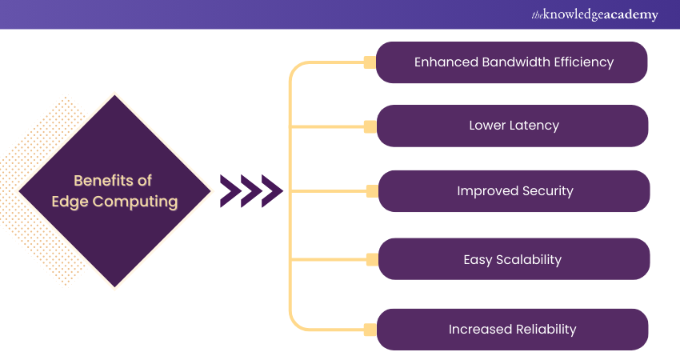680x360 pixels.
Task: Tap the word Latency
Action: tap(535, 126)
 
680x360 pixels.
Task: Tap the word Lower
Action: tap(487, 126)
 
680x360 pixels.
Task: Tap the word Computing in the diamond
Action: tap(135, 201)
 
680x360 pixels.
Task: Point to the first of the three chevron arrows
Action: tap(230, 191)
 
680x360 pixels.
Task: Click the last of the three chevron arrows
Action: tap(272, 191)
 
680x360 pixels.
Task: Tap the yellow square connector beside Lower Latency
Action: tap(370, 126)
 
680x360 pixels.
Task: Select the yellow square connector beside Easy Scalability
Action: tap(370, 259)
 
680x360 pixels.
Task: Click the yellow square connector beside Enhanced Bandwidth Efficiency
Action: tap(370, 62)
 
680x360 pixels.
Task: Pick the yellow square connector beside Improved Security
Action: tap(370, 191)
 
